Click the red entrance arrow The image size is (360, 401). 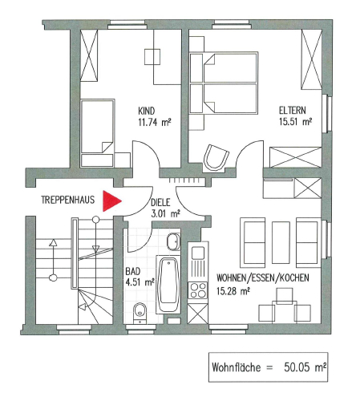[112, 201]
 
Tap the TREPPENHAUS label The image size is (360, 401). [68, 200]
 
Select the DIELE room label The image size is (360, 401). [160, 202]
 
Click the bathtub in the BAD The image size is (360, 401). [168, 285]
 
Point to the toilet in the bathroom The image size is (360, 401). [140, 313]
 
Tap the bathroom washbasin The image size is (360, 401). [174, 241]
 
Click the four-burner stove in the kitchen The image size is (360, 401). [198, 290]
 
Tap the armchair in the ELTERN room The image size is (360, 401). [216, 157]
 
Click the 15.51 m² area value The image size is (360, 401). [295, 122]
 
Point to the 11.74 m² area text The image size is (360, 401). [155, 122]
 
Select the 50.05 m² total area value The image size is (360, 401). [305, 367]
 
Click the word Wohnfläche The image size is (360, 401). [236, 367]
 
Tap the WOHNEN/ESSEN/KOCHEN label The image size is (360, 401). [263, 278]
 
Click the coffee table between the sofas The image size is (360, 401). [281, 243]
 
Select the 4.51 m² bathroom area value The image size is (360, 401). [140, 282]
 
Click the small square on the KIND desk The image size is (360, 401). [152, 57]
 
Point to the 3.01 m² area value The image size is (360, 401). [165, 214]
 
